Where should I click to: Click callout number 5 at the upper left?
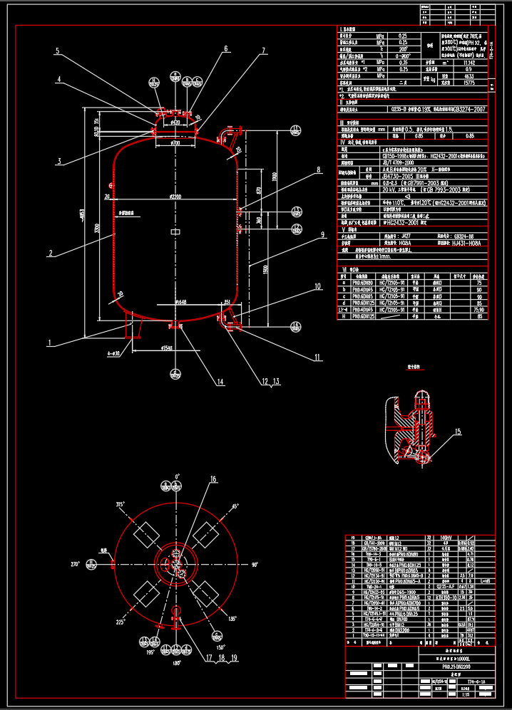tap(58, 51)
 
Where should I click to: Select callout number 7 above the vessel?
tap(263, 51)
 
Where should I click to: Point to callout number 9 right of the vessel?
tap(322, 234)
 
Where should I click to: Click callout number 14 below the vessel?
tap(221, 382)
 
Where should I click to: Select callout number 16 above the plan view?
tap(213, 479)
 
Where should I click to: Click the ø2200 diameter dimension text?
tap(176, 196)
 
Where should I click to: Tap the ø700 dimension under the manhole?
tap(175, 144)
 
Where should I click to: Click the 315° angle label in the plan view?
tap(121, 504)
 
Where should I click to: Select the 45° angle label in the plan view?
tap(234, 507)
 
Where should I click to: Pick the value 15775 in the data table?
tap(469, 83)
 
